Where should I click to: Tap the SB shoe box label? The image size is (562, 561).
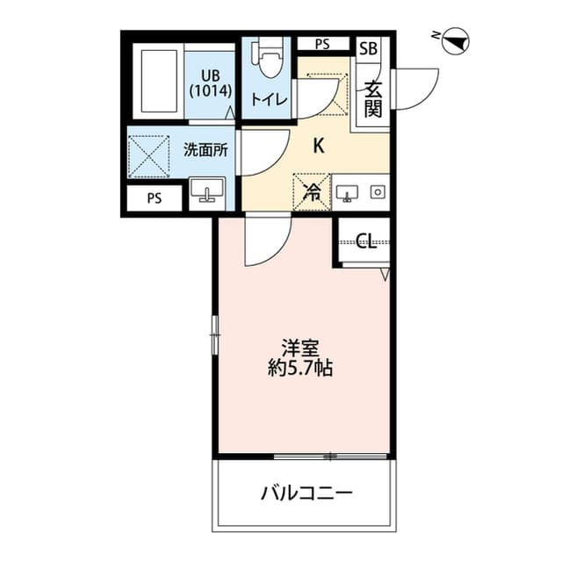(x=368, y=48)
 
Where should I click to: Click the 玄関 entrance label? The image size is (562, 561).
(x=372, y=99)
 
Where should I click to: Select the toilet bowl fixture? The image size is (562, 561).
(x=269, y=59)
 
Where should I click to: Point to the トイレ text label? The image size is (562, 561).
(x=270, y=99)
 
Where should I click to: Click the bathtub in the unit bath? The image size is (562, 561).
(x=159, y=82)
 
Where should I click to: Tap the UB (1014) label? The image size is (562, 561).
(x=211, y=83)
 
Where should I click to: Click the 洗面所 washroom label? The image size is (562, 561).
(x=205, y=150)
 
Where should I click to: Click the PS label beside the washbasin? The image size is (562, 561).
(x=155, y=198)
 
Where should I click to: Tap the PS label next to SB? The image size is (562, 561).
(x=322, y=44)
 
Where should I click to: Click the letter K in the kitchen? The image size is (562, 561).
(x=319, y=146)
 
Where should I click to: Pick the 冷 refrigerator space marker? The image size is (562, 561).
(x=312, y=192)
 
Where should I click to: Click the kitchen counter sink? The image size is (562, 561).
(x=347, y=193)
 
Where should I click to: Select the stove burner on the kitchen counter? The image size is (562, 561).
(x=378, y=192)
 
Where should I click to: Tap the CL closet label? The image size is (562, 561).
(x=366, y=241)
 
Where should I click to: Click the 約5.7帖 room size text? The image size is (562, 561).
(x=300, y=368)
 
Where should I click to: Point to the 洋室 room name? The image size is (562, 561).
(x=300, y=348)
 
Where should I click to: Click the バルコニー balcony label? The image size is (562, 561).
(x=306, y=493)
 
